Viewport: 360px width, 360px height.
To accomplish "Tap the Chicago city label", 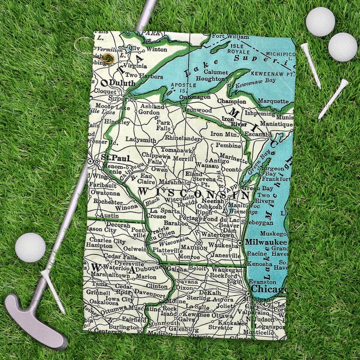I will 269,289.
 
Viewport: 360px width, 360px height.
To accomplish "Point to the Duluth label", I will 122,83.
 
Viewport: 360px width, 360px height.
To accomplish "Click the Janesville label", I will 223,255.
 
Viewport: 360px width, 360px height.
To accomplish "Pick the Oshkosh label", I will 209,206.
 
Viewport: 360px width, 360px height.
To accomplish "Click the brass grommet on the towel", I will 108,59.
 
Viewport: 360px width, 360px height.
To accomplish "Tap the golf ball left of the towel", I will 30,247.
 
